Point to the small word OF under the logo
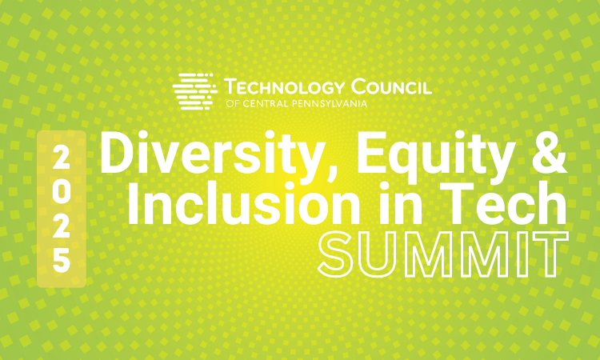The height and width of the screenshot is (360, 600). (x=231, y=102)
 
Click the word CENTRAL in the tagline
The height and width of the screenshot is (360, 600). (x=265, y=102)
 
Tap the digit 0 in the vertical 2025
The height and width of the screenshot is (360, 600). (x=62, y=188)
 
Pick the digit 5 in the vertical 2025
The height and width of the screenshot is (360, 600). (x=62, y=260)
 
